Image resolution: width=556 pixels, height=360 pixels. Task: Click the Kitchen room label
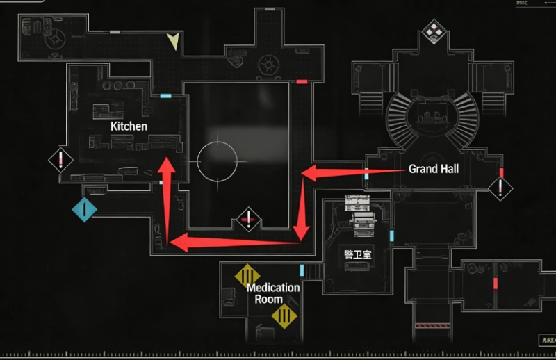coord(129,126)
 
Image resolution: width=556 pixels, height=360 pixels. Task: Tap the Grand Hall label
coord(433,169)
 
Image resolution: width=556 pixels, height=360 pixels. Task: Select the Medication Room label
coord(273,293)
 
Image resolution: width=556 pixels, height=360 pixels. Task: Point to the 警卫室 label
coord(357,254)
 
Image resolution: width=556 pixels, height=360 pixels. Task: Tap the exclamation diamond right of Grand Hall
coord(500,187)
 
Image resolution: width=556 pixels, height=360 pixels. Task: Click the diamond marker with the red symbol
coord(248,220)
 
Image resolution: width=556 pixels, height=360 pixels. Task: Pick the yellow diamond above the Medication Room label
coord(247,275)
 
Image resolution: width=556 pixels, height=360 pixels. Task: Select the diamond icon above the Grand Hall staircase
coord(434,30)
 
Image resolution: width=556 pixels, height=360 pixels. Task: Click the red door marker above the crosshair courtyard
coord(302,82)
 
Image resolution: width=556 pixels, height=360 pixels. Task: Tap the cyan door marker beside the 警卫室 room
coord(391,237)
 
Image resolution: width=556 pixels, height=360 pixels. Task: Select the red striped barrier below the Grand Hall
coord(431,325)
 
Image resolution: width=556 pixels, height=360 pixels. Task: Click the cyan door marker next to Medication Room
coord(302,270)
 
